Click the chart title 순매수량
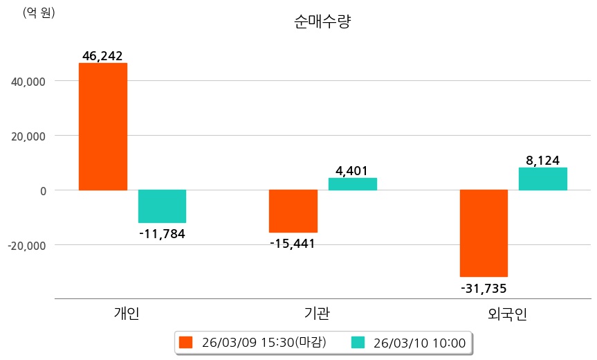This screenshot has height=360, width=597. pyautogui.click(x=322, y=22)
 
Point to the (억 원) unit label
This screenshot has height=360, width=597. pyautogui.click(x=39, y=12)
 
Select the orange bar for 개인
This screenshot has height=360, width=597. pyautogui.click(x=103, y=126)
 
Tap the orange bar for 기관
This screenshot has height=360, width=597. pyautogui.click(x=293, y=211)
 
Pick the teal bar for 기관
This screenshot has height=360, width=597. pyautogui.click(x=352, y=184)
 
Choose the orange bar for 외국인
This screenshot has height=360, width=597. pyautogui.click(x=484, y=233)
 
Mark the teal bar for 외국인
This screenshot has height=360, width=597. pyautogui.click(x=543, y=179)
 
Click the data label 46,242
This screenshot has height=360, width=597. pyautogui.click(x=102, y=56)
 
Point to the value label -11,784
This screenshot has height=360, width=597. pyautogui.click(x=162, y=233)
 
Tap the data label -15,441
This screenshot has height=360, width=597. pyautogui.click(x=293, y=243)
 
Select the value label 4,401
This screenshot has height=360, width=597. pyautogui.click(x=351, y=170)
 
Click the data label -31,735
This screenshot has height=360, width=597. pyautogui.click(x=484, y=287)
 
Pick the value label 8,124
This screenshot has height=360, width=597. pyautogui.click(x=543, y=161)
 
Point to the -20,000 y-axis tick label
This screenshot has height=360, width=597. pyautogui.click(x=27, y=245)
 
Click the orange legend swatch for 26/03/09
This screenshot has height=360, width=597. pyautogui.click(x=185, y=342)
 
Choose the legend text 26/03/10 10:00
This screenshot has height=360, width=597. pyautogui.click(x=419, y=342)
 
